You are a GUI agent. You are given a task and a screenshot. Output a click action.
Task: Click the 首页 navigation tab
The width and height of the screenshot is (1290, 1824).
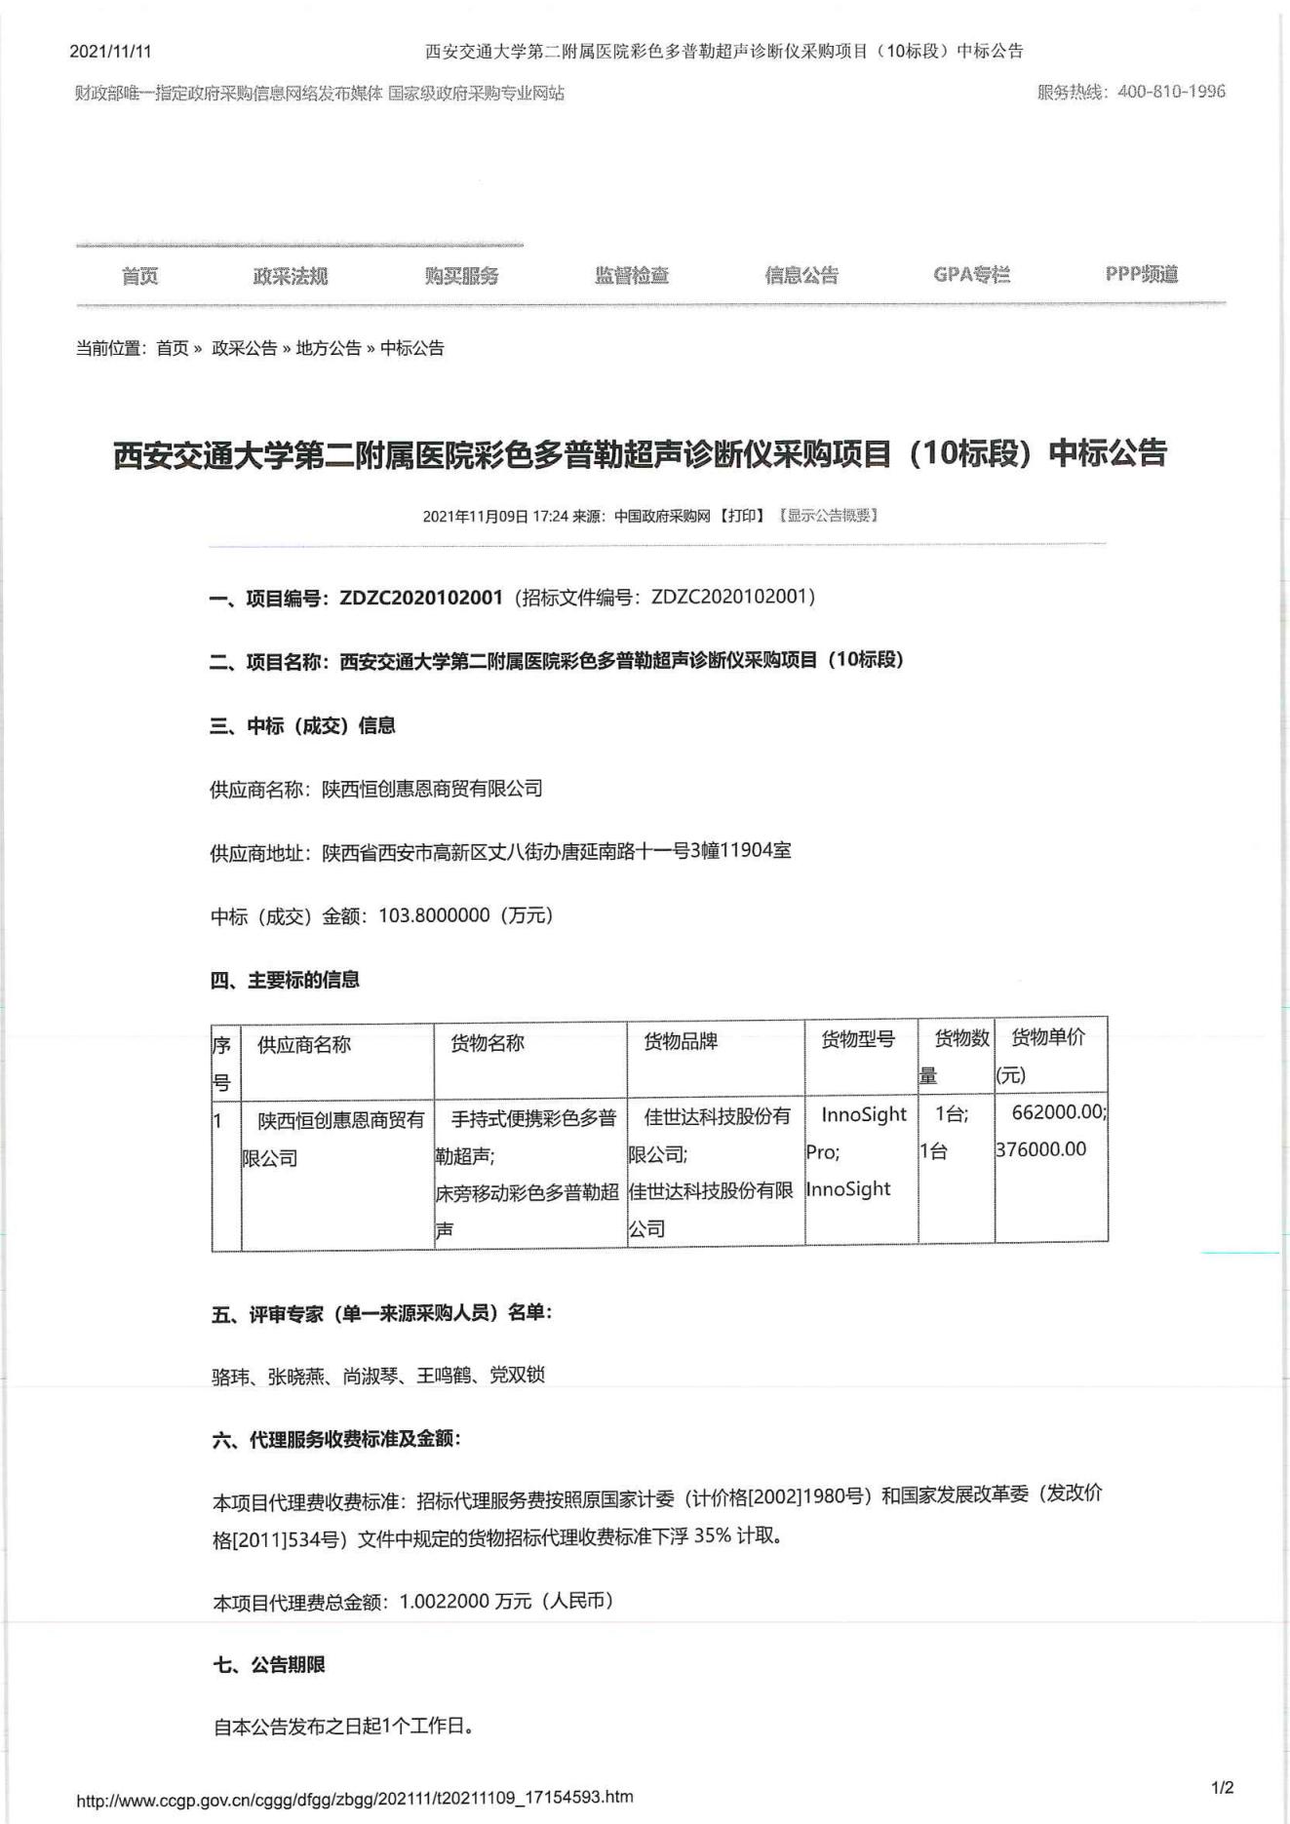(x=139, y=276)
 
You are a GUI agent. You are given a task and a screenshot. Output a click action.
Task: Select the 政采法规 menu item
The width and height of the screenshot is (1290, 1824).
(x=290, y=276)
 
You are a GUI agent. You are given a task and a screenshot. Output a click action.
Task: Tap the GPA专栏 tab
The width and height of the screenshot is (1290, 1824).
(x=971, y=275)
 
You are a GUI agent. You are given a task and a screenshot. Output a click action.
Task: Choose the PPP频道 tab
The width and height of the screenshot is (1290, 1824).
(x=1141, y=274)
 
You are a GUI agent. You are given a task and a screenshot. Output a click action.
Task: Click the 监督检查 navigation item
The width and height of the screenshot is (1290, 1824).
(x=632, y=276)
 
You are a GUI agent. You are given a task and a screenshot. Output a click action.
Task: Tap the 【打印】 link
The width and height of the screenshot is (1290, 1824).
(x=742, y=516)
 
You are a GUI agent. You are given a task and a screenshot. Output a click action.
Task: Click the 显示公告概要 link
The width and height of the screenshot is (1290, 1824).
(x=828, y=516)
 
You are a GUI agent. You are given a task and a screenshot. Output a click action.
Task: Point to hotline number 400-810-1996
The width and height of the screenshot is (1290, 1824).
(x=1171, y=92)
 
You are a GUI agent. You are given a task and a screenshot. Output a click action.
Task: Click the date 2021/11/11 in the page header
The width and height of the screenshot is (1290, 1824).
(x=110, y=52)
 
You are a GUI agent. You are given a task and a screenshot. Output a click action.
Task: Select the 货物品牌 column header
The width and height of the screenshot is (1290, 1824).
(x=681, y=1041)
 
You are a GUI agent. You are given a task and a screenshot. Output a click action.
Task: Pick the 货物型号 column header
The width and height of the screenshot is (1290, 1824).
(x=858, y=1039)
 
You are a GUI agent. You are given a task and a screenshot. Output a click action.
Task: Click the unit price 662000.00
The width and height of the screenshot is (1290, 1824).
(x=1058, y=1112)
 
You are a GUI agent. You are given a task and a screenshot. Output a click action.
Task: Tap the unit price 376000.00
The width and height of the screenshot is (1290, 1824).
(x=1040, y=1149)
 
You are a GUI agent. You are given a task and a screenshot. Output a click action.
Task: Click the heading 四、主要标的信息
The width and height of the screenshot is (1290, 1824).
(x=285, y=980)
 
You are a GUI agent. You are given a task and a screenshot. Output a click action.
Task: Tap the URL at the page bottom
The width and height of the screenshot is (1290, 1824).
(x=355, y=1797)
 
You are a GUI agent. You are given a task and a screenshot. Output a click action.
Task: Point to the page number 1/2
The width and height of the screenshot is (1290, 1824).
(x=1222, y=1788)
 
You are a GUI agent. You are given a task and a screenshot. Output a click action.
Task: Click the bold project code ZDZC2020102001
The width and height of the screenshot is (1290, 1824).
(x=421, y=598)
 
